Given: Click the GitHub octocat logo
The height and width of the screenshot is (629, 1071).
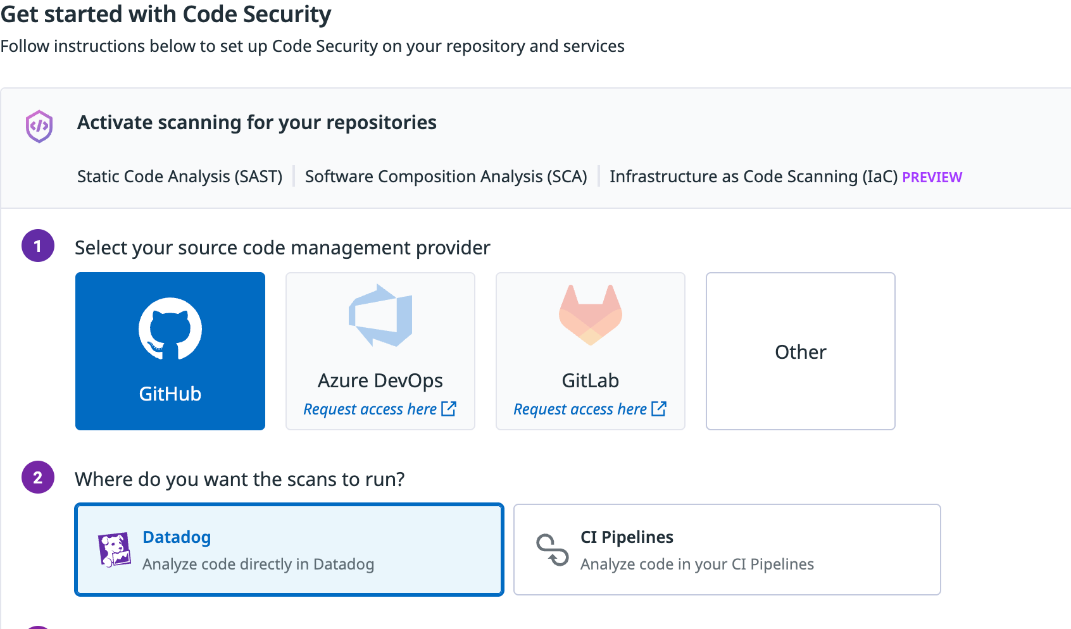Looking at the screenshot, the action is coord(170,328).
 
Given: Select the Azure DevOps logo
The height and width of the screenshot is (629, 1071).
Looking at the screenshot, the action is coord(380,315).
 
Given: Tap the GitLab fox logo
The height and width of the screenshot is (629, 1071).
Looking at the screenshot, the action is coord(591,315).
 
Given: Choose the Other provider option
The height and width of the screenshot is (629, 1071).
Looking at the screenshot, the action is coord(800,351).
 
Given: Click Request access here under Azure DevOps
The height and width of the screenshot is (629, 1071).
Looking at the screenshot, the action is coord(370,409).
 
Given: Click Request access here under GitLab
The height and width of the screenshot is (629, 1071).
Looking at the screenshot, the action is coord(580,409).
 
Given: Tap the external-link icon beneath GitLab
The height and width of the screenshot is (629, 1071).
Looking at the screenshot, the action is coord(659,409).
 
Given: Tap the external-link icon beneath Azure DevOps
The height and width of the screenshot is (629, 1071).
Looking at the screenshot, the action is coord(449,409).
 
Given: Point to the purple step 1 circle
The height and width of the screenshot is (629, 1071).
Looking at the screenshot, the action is coord(38,246).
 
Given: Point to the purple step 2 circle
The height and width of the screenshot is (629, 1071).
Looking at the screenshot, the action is coord(38,477).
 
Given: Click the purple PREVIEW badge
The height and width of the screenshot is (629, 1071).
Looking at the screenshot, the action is coord(932,177).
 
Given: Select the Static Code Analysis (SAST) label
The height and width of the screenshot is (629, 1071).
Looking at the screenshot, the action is coord(180,177).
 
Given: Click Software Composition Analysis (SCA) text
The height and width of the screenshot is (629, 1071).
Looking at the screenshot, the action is coord(446,177).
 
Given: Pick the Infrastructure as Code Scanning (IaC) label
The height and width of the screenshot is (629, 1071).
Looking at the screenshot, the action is coord(753,177).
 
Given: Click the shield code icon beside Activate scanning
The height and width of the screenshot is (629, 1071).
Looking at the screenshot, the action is coord(39,126).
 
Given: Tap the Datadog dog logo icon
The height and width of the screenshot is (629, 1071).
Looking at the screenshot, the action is coord(115,549).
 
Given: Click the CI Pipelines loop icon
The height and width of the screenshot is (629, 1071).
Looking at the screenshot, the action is coord(552,550).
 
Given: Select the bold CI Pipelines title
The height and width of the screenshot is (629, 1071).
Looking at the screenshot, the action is coord(627,537).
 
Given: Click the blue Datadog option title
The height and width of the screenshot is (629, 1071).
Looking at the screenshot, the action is coord(177,537).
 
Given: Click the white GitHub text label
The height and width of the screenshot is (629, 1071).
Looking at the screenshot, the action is coord(170,394).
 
